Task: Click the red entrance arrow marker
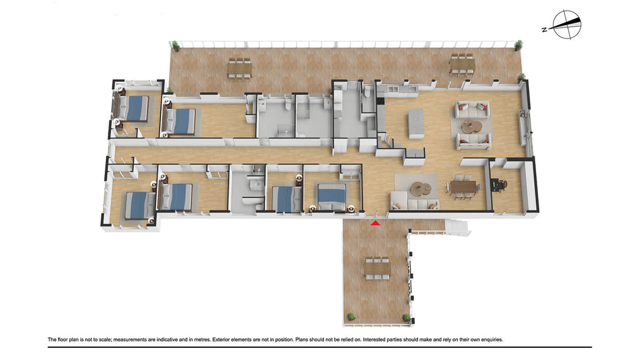click(x=375, y=223)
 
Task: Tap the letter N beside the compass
click(x=544, y=29)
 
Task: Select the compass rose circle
click(x=567, y=24)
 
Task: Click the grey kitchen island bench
click(x=416, y=123)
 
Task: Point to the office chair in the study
click(x=502, y=185)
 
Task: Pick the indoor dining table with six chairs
click(x=463, y=187)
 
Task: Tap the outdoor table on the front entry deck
click(x=378, y=269)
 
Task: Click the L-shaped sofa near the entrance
click(x=413, y=201)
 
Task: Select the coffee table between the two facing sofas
click(x=472, y=126)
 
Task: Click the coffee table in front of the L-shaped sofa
click(x=421, y=188)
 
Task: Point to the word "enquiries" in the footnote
click(x=492, y=339)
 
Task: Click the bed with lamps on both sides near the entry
click(x=332, y=197)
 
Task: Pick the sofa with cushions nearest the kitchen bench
click(x=472, y=110)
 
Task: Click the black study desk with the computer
click(x=494, y=185)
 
